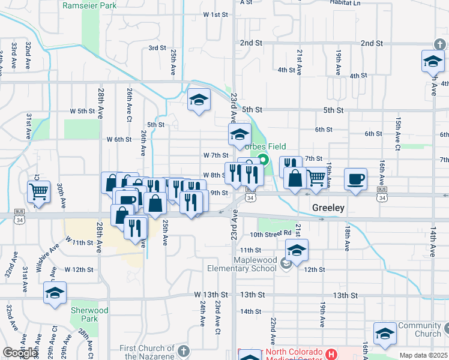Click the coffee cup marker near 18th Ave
[355, 179]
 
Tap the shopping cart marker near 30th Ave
[38, 192]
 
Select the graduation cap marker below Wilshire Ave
[55, 293]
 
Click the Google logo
[20, 353]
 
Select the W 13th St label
[211, 295]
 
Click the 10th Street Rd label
[270, 234]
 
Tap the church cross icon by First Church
[183, 349]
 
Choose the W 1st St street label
[216, 14]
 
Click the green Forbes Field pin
[262, 159]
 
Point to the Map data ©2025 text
[424, 355]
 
